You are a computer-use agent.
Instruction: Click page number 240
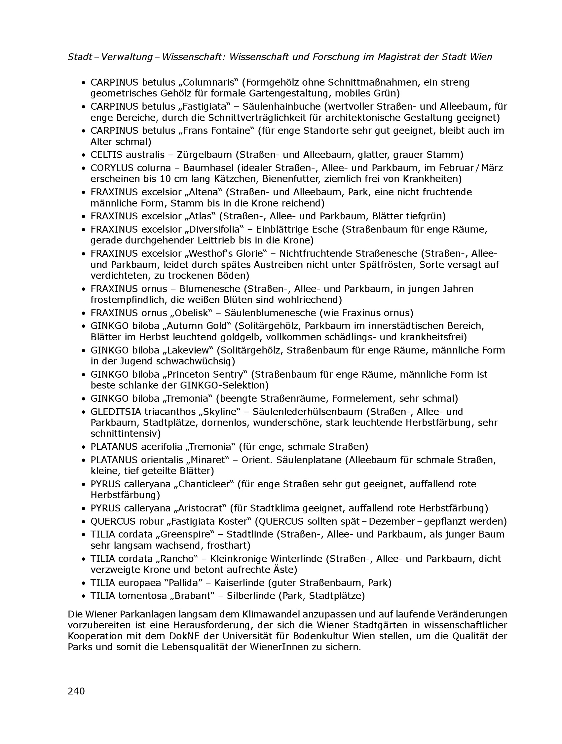[x=76, y=691]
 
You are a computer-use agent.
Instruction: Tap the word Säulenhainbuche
[x=281, y=107]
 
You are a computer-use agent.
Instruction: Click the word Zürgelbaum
[x=205, y=155]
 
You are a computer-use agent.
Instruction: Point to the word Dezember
[x=392, y=521]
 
